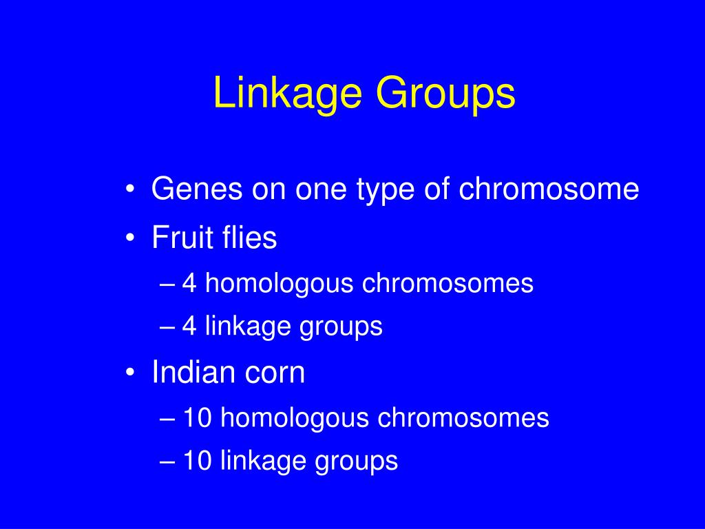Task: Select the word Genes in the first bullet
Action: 191,189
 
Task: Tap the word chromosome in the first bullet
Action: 549,189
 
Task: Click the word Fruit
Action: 176,238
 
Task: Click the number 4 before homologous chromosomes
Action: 189,283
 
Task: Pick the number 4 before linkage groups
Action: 189,326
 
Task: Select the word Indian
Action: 193,373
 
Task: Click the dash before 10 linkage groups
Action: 171,461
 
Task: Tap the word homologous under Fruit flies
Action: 280,284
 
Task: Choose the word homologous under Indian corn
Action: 295,418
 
